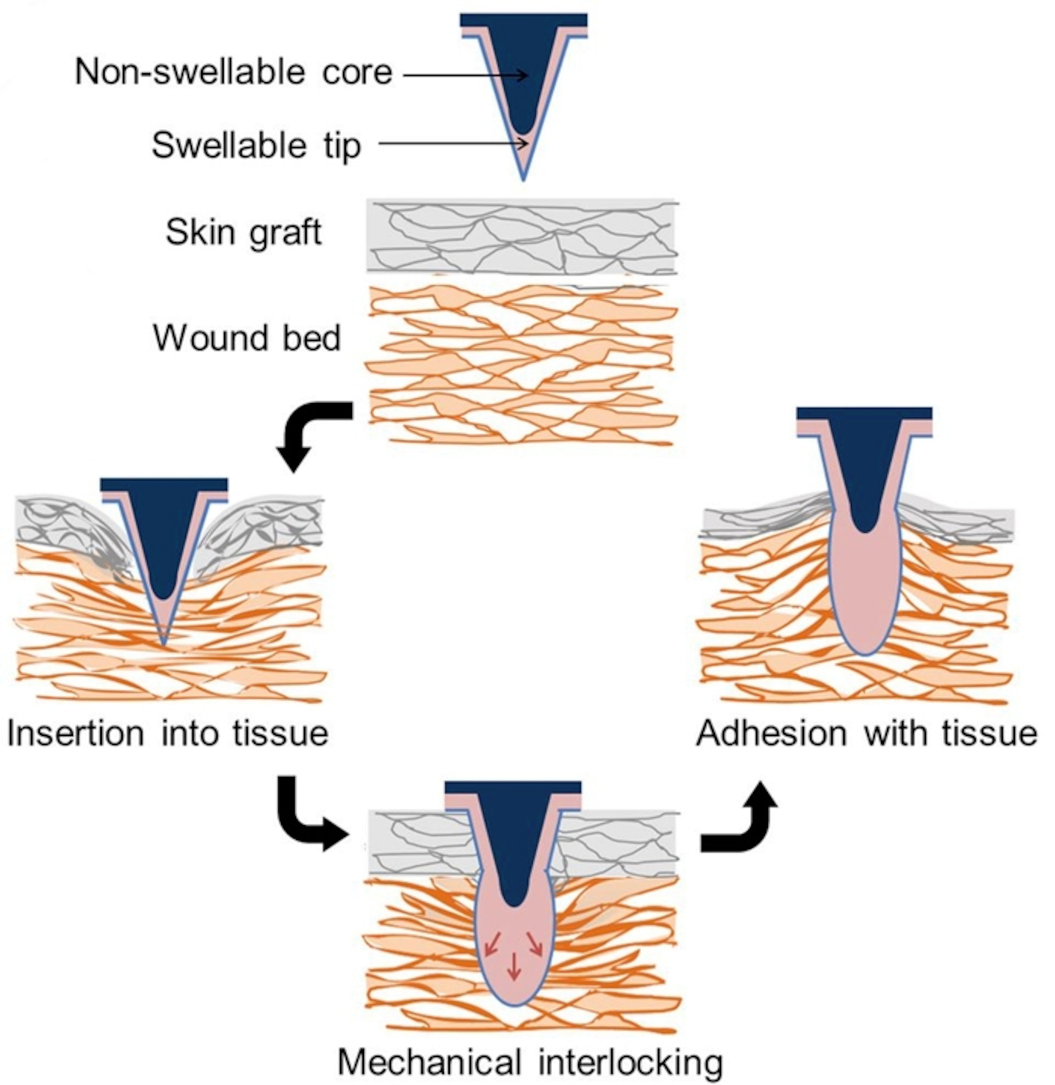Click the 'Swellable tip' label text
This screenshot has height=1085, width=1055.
click(256, 145)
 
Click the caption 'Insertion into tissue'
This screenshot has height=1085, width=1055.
click(168, 733)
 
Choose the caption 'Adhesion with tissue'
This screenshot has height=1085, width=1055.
click(866, 733)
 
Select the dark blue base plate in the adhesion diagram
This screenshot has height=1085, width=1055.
click(864, 413)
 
